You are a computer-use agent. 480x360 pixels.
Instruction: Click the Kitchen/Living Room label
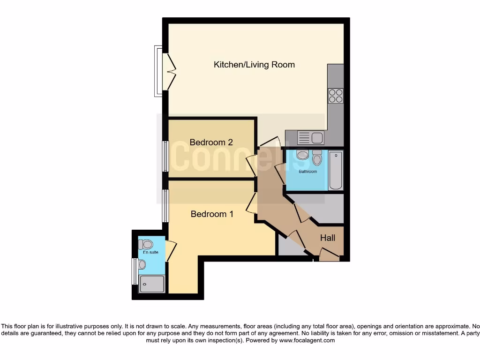pos(254,65)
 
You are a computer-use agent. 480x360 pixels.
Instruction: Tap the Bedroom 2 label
pos(211,142)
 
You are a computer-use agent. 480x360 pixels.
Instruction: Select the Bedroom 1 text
pos(212,214)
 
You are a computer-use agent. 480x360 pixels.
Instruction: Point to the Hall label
pos(327,238)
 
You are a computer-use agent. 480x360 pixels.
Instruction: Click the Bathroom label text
pos(308,172)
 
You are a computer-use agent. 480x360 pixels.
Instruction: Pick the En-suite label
pos(150,252)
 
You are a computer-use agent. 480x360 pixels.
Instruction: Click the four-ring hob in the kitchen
pos(336,96)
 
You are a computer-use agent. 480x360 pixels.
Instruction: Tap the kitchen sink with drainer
pos(311,138)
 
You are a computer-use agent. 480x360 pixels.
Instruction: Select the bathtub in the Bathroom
pos(336,170)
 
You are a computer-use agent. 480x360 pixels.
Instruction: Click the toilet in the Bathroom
pos(317,158)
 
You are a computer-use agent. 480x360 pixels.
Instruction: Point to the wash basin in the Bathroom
pos(302,155)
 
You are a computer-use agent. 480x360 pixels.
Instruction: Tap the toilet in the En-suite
pos(146,244)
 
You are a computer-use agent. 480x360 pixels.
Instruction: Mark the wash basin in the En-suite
pos(142,265)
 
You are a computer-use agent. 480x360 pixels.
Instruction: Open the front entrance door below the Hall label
pos(329,255)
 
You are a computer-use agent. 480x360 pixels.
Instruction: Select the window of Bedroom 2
pos(165,156)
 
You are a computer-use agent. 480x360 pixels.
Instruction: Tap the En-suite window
pos(135,271)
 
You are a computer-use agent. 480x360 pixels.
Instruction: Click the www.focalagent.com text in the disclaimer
pos(307,340)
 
